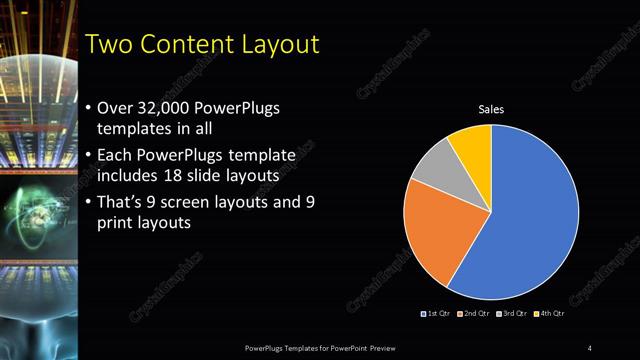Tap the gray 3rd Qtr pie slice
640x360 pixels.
(432, 167)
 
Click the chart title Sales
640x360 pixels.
(491, 109)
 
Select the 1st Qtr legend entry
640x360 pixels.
(437, 314)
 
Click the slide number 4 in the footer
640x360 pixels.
(589, 347)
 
